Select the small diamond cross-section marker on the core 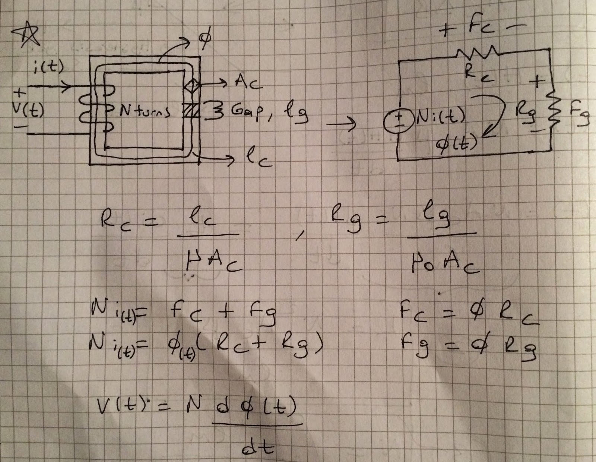[193, 88]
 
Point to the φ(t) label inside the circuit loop [457, 143]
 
